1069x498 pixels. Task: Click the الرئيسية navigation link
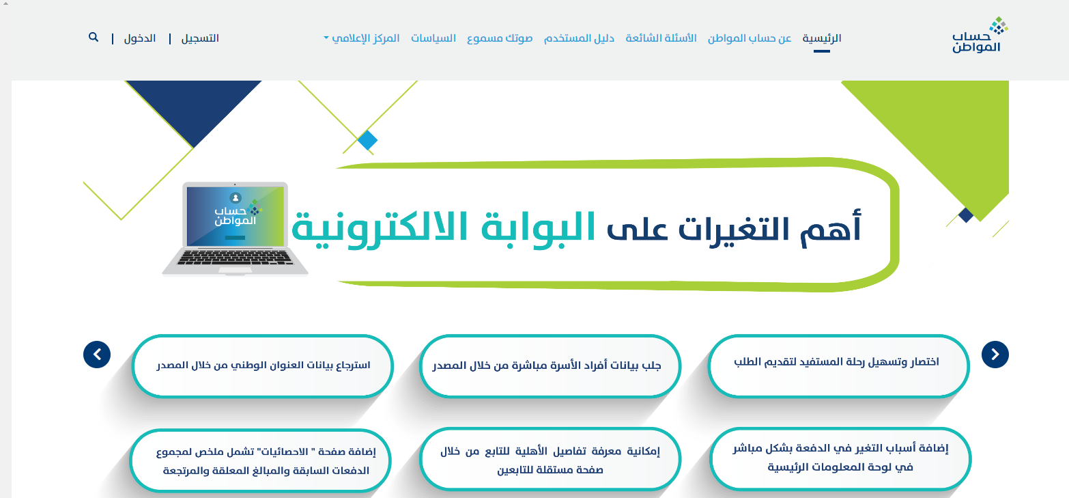[x=821, y=38]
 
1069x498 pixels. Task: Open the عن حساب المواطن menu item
[x=750, y=38]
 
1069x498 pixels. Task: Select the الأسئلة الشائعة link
[x=661, y=38]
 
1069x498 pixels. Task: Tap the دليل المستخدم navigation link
[x=579, y=38]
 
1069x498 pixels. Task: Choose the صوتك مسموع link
[x=500, y=38]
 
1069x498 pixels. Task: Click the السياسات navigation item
[x=433, y=38]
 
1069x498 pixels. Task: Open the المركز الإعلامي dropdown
[x=362, y=38]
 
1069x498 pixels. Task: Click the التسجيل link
[x=200, y=38]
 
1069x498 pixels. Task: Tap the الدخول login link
[x=140, y=38]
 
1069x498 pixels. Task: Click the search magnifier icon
[x=94, y=38]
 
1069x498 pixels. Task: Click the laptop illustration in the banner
[x=235, y=229]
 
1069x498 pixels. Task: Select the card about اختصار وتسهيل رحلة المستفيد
[x=838, y=365]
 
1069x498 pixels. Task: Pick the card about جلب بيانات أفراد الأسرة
[x=550, y=365]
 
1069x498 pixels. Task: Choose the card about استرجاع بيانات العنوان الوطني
[x=262, y=365]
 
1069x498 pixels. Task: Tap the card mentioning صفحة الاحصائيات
[x=261, y=460]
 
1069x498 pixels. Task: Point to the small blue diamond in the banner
[x=367, y=140]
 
